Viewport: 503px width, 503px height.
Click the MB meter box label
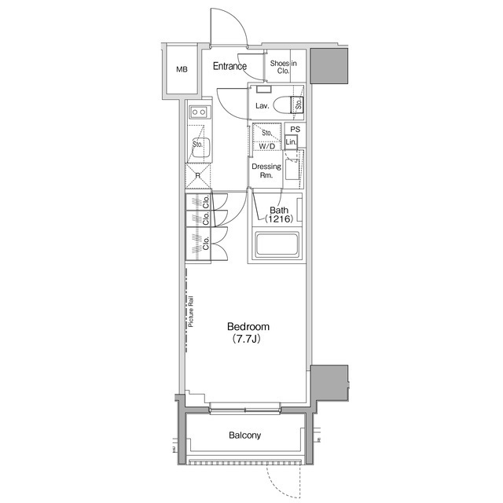pyautogui.click(x=182, y=69)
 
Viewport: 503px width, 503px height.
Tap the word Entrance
pyautogui.click(x=229, y=66)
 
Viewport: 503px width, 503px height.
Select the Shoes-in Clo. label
pyautogui.click(x=283, y=67)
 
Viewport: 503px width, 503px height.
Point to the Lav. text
pyautogui.click(x=262, y=106)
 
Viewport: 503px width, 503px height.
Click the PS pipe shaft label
pyautogui.click(x=296, y=129)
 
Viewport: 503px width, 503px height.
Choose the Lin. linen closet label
pyautogui.click(x=291, y=142)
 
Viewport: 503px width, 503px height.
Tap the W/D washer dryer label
pyautogui.click(x=267, y=146)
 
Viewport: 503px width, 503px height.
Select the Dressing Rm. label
pyautogui.click(x=266, y=171)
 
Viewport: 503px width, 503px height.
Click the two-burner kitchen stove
pyautogui.click(x=199, y=112)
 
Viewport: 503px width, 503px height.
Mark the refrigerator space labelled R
pyautogui.click(x=198, y=175)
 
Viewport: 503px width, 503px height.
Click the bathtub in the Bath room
pyautogui.click(x=277, y=244)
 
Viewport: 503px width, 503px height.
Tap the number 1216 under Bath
pyautogui.click(x=279, y=219)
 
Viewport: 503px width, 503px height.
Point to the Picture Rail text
pyautogui.click(x=191, y=311)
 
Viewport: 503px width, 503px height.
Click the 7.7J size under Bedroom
pyautogui.click(x=246, y=339)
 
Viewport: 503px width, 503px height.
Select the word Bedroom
pyautogui.click(x=248, y=327)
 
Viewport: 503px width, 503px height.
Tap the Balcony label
pyautogui.click(x=244, y=435)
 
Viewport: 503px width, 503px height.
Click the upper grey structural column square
pyautogui.click(x=329, y=66)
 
